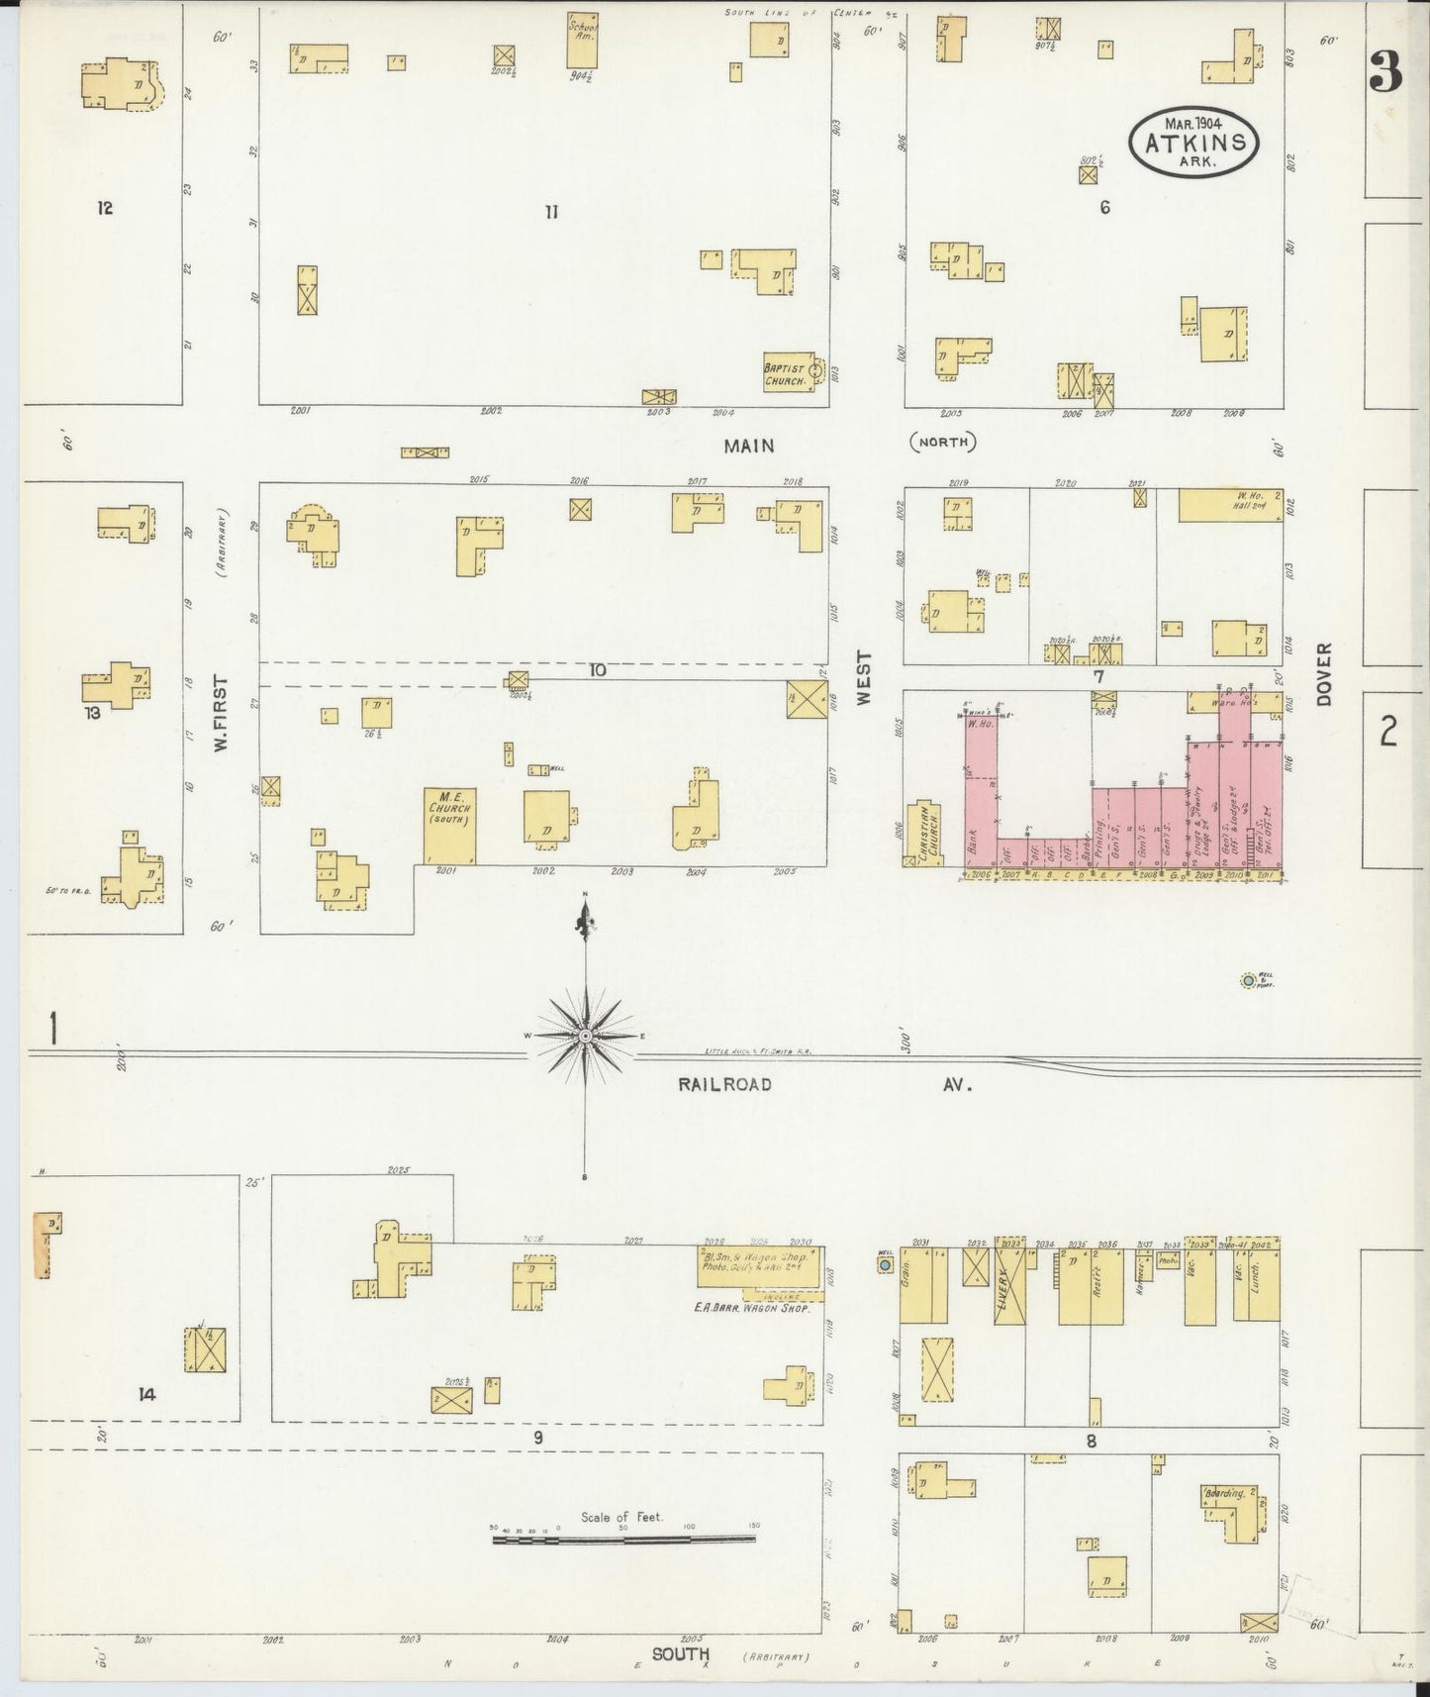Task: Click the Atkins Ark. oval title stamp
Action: click(1193, 142)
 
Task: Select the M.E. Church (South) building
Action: click(449, 825)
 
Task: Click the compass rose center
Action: click(586, 1036)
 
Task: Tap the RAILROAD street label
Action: click(724, 1085)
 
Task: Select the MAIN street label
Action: click(748, 446)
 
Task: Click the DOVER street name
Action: click(1325, 673)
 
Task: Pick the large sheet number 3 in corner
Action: click(1386, 71)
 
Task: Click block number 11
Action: click(551, 211)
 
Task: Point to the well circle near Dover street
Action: click(1249, 981)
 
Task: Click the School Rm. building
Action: click(583, 37)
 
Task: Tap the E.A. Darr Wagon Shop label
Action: click(752, 1308)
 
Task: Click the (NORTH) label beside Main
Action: click(942, 442)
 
